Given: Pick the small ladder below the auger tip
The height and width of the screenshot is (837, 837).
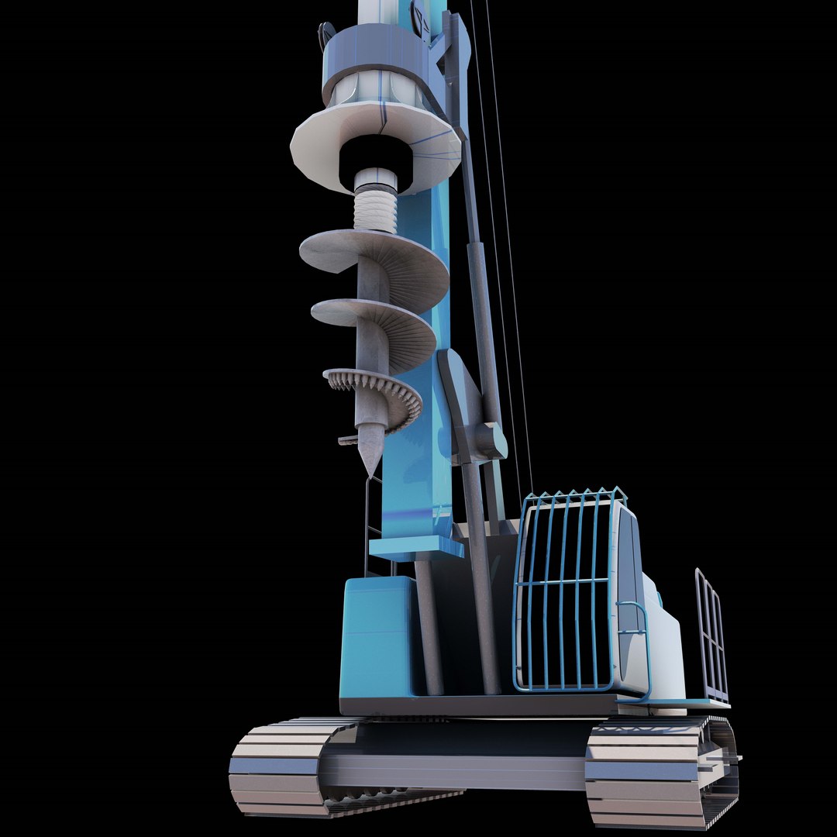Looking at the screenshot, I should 372,527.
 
